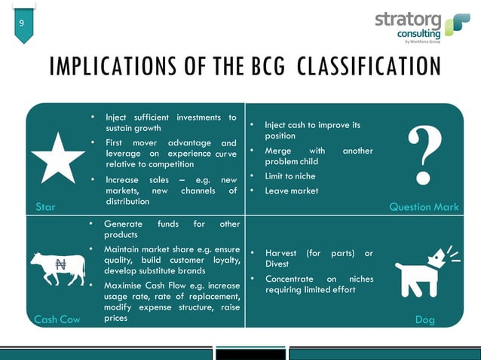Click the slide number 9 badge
(21, 24)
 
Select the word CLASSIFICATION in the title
(369, 67)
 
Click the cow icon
(57, 267)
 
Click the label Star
(45, 206)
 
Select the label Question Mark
(423, 206)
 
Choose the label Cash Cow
(57, 319)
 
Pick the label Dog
(425, 319)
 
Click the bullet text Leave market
(291, 191)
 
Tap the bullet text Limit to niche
(290, 176)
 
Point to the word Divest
(277, 264)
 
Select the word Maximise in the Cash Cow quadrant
(125, 286)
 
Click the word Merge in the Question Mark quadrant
(279, 151)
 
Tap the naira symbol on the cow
(61, 264)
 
